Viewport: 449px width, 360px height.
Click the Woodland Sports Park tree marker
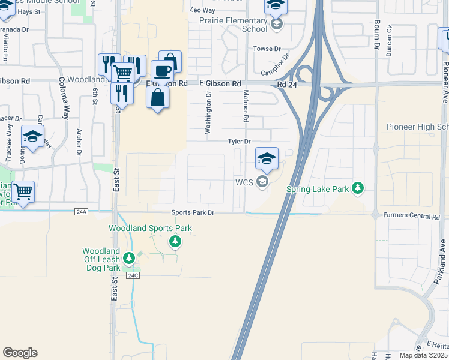[x=175, y=242]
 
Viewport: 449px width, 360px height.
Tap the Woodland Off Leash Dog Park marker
[x=128, y=259]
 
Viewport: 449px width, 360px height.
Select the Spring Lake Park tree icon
[x=358, y=188]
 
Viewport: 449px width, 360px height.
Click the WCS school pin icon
[x=267, y=159]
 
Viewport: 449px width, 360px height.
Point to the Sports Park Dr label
[x=193, y=213]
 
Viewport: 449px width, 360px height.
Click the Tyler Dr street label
[x=238, y=142]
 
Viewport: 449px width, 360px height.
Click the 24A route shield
[x=82, y=211]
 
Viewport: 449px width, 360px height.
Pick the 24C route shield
[x=133, y=275]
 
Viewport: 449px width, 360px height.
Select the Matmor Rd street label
[x=246, y=106]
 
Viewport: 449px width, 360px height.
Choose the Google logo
[x=20, y=353]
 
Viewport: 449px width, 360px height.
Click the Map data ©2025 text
[x=423, y=355]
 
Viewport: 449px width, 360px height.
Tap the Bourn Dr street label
[x=376, y=36]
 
